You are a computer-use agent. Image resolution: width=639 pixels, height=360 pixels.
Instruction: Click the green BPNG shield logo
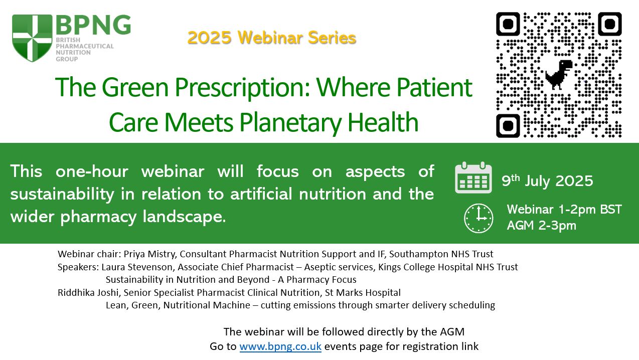[x=32, y=38]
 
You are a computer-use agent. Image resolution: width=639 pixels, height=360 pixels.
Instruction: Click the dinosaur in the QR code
[x=559, y=75]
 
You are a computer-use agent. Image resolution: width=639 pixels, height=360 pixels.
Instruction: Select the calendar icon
[x=473, y=177]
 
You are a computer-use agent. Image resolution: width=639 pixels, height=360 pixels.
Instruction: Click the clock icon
[x=478, y=218]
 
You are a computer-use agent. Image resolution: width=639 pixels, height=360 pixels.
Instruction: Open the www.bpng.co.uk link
[x=280, y=346]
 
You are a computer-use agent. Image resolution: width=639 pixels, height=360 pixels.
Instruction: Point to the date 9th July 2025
[x=547, y=181]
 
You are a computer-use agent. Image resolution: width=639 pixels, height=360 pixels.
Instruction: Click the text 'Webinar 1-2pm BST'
[x=564, y=210]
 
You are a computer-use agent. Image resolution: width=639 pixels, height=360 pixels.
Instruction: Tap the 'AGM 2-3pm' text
[x=541, y=225]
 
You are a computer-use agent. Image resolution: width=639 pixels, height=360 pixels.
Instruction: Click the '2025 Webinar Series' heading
[x=271, y=38]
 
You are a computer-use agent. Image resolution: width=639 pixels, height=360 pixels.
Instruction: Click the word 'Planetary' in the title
[x=290, y=123]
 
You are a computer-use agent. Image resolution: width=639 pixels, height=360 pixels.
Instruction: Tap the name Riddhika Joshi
[x=88, y=292]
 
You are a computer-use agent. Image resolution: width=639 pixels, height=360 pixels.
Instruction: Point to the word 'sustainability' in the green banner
[x=62, y=194]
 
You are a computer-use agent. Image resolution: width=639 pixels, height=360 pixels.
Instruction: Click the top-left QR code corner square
[x=508, y=24]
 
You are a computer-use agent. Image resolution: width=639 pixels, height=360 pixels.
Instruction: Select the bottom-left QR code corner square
[x=508, y=126]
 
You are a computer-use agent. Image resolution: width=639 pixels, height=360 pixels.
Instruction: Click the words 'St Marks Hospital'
[x=363, y=292]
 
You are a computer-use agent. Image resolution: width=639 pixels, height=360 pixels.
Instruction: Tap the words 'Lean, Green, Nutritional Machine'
[x=178, y=305]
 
